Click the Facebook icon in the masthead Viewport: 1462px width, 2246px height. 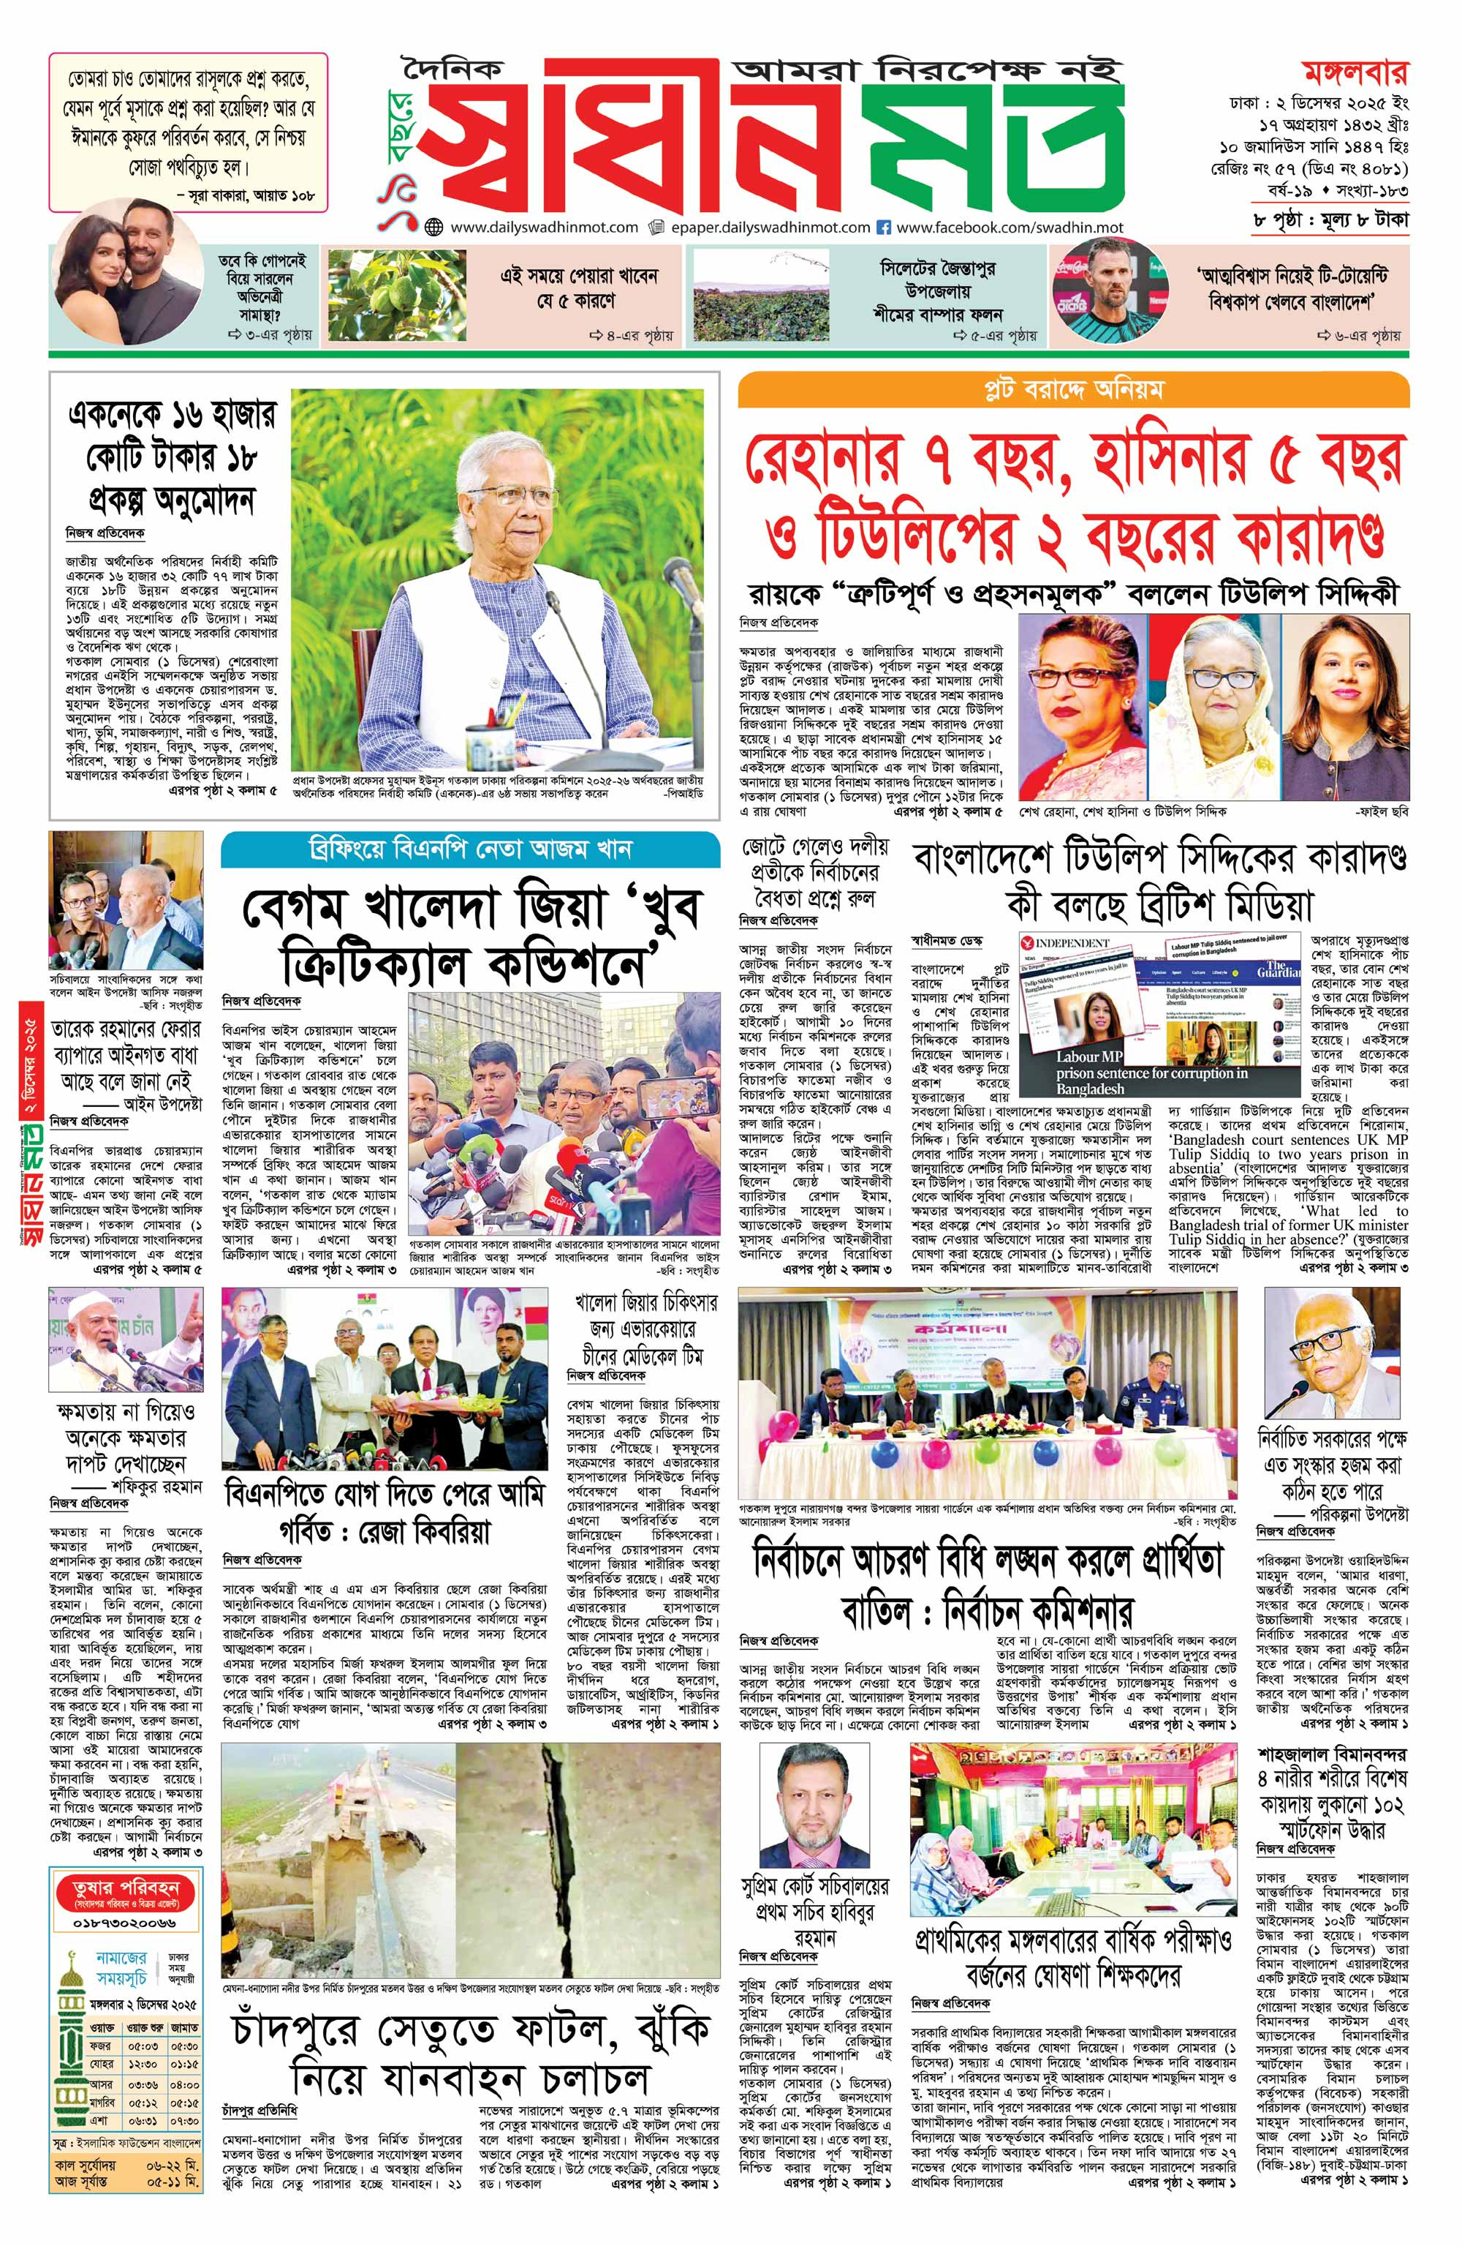(x=884, y=228)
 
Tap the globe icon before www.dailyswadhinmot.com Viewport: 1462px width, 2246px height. (x=435, y=228)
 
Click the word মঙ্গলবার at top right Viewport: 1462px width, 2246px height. (x=1355, y=72)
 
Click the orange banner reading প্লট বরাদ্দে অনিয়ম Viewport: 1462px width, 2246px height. (x=1073, y=388)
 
